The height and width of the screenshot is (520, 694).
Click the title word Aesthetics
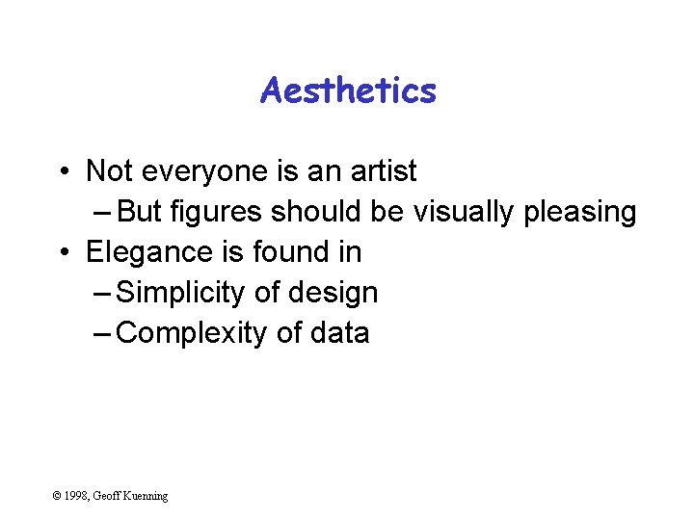pyautogui.click(x=348, y=91)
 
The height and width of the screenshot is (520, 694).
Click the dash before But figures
pyautogui.click(x=102, y=213)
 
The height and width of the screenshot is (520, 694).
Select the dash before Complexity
pyautogui.click(x=102, y=334)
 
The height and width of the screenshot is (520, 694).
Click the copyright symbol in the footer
pyautogui.click(x=58, y=496)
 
